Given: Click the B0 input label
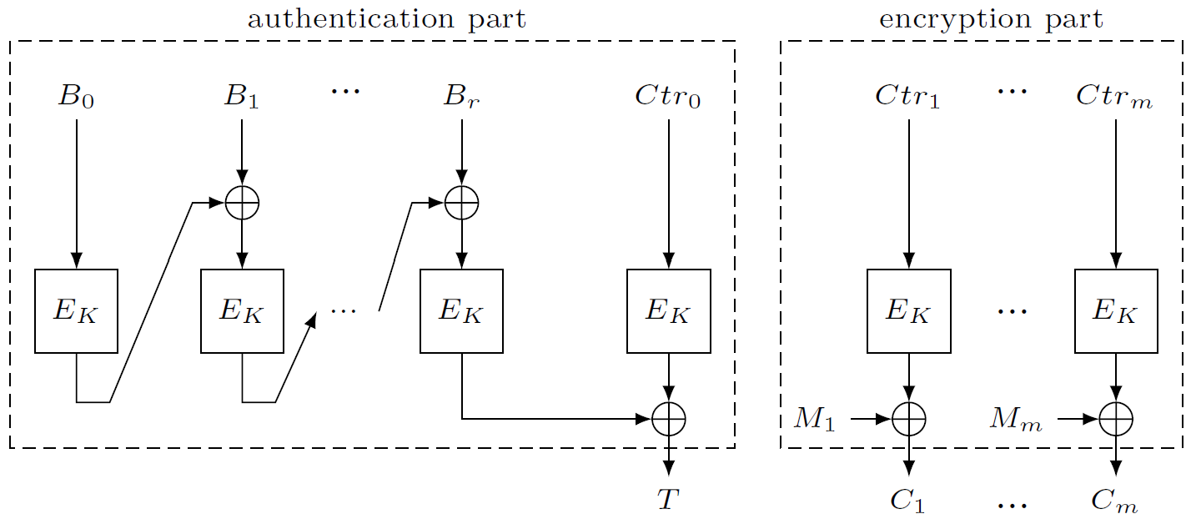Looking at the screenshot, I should (x=75, y=98).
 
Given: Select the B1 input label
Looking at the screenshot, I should (x=241, y=98).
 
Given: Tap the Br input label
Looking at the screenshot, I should (x=461, y=98).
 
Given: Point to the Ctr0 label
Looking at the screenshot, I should (x=667, y=97).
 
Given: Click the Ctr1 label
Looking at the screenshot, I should (x=907, y=97).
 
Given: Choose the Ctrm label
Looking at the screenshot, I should (x=1114, y=97).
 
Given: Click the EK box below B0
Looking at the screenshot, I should (x=76, y=311).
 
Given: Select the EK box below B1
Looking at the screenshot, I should (x=242, y=311).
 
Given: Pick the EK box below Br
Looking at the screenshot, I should (x=461, y=311).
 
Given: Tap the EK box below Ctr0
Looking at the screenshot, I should (x=668, y=311).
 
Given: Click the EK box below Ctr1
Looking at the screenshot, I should (x=908, y=311).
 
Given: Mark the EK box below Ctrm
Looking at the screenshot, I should (x=1116, y=311).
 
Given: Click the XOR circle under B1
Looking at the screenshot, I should (x=242, y=203).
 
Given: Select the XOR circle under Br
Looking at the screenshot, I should (x=461, y=203).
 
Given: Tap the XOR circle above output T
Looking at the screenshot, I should (x=668, y=418).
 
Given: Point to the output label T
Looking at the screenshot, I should (x=667, y=499).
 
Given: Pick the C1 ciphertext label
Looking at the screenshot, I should (x=907, y=501).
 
